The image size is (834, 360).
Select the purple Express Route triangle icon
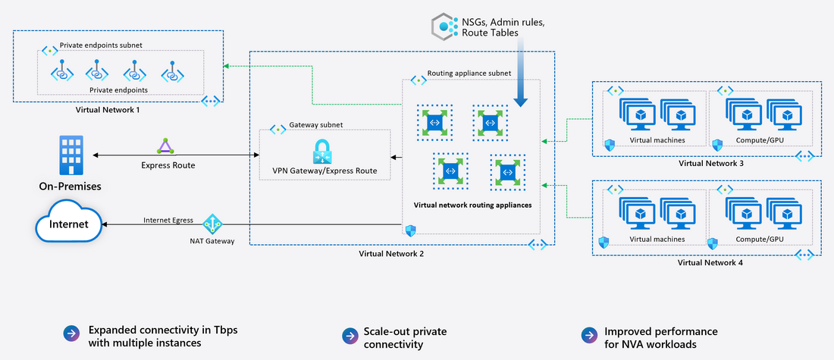(x=165, y=146)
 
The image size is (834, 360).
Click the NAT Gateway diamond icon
(x=212, y=224)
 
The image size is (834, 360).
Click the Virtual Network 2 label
(x=391, y=253)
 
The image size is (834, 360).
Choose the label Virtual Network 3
(x=710, y=163)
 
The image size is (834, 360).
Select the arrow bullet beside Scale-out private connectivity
(x=349, y=335)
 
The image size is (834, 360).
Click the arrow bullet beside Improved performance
(x=588, y=335)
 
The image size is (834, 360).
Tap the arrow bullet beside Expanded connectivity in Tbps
(x=71, y=335)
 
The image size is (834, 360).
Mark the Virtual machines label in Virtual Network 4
(x=657, y=239)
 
